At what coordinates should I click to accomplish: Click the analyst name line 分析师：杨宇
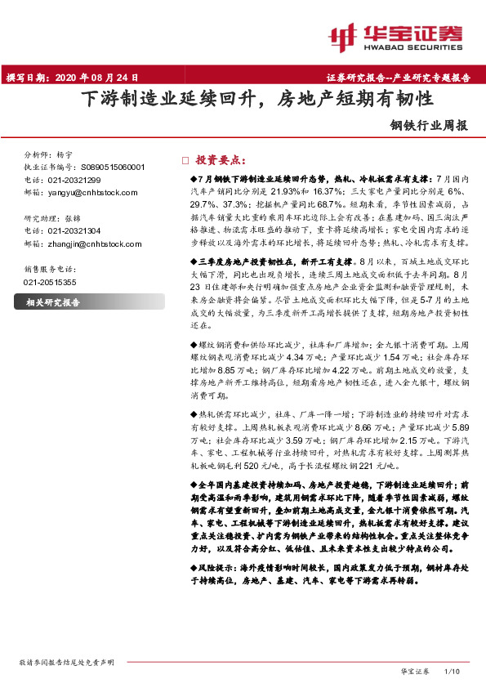point(50,154)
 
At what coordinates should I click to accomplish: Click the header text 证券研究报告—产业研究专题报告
point(404,78)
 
